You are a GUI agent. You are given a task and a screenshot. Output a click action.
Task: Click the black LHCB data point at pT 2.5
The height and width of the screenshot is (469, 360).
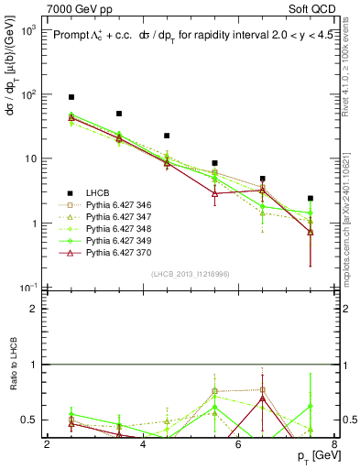pos(71,97)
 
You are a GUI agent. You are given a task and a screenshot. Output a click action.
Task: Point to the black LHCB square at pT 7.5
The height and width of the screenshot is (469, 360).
pos(311,198)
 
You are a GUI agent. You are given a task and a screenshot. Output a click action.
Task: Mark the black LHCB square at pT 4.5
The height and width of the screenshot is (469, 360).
pos(167,136)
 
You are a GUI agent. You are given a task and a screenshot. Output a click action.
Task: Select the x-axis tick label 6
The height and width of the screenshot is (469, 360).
pos(238,444)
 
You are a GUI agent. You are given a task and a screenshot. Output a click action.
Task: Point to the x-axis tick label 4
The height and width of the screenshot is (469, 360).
pos(143,444)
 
